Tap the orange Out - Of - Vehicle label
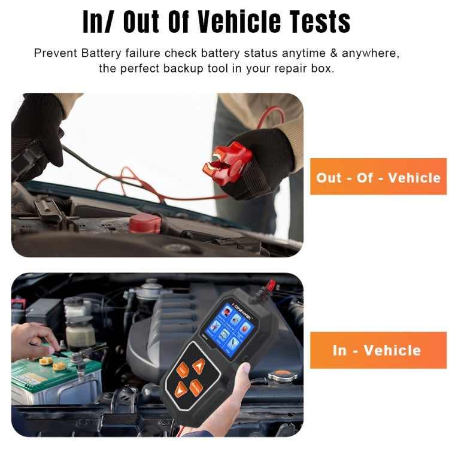click(378, 177)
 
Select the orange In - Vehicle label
click(378, 350)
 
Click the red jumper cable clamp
click(226, 160)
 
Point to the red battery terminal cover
click(145, 223)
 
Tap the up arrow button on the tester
click(199, 366)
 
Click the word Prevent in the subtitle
click(55, 53)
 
